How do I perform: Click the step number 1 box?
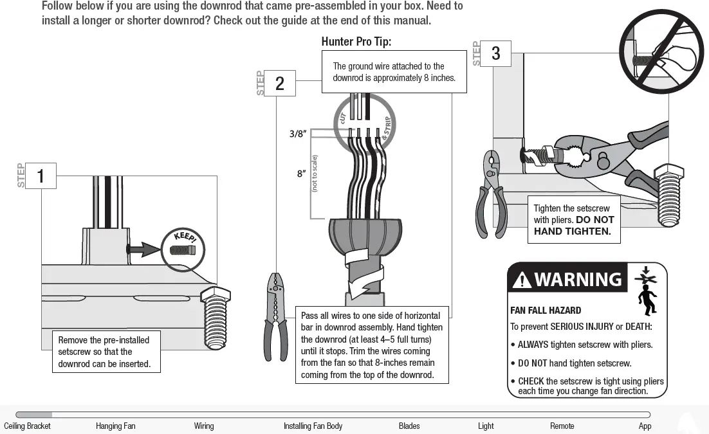click(41, 176)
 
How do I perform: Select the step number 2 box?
click(280, 84)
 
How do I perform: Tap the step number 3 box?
click(495, 54)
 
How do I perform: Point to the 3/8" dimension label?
click(297, 134)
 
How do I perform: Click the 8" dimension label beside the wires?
click(300, 174)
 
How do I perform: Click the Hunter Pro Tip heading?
click(356, 42)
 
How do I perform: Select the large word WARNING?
click(578, 280)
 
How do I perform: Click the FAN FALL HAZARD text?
click(546, 311)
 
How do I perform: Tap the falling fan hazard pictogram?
click(646, 289)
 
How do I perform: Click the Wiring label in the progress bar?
click(204, 426)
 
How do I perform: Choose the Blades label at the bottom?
click(409, 426)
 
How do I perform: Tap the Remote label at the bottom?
click(562, 426)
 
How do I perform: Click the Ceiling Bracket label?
click(27, 426)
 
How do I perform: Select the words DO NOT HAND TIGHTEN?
click(573, 226)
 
